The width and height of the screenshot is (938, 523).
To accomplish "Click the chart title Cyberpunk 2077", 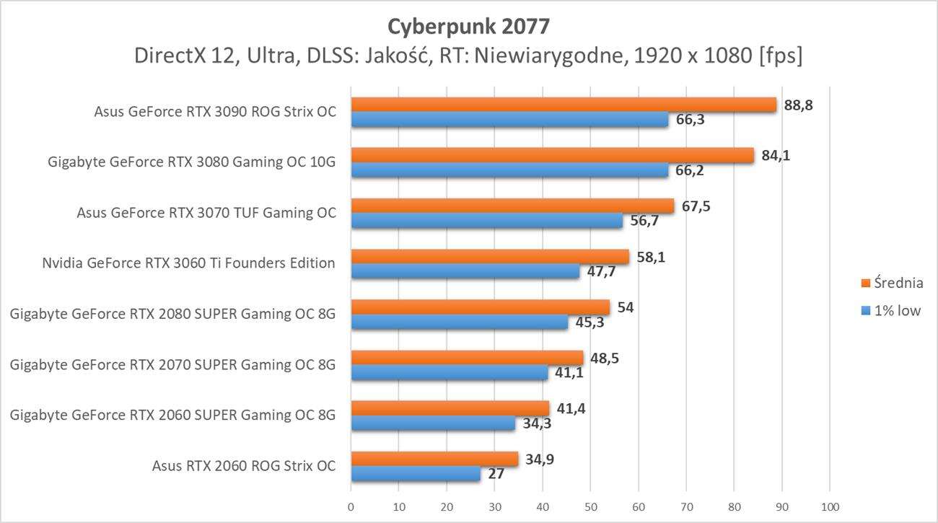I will click(x=469, y=27).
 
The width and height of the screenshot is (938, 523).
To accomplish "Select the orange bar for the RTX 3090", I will click(x=563, y=105).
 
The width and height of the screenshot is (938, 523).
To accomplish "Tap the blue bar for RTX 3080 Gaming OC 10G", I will click(x=509, y=170).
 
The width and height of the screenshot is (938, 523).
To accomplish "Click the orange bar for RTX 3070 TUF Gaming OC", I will click(x=512, y=206).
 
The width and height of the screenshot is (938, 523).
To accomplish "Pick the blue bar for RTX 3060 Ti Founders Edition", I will click(x=465, y=272).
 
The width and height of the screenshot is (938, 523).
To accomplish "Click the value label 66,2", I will click(x=690, y=170).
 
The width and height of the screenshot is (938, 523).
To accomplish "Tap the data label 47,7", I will click(x=601, y=272).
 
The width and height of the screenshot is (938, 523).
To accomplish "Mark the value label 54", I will click(x=626, y=307).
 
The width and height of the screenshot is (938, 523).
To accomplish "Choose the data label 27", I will click(x=496, y=474).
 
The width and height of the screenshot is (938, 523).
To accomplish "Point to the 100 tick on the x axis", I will click(x=830, y=506).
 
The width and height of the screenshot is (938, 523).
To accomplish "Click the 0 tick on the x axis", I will click(x=351, y=506).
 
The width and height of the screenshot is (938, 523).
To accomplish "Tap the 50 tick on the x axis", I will click(x=590, y=506).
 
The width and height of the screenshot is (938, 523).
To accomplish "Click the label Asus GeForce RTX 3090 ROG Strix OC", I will click(x=215, y=112).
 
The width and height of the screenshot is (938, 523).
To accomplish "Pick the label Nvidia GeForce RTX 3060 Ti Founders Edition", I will click(x=188, y=263).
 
